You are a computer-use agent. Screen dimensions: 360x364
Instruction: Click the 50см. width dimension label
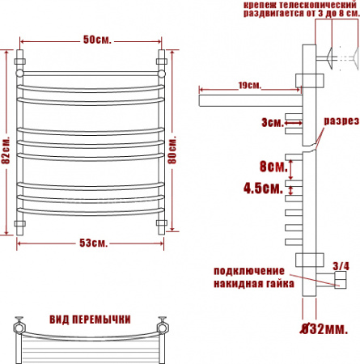[97, 40]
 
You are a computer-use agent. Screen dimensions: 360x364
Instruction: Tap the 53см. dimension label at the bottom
[94, 243]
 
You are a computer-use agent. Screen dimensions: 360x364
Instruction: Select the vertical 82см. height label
[6, 150]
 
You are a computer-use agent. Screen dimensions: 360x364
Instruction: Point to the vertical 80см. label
[172, 150]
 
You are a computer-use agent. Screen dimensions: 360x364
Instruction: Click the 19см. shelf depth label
[250, 86]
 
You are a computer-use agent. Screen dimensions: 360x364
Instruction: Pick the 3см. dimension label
[273, 123]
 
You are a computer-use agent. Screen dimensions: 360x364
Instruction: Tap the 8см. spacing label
[273, 167]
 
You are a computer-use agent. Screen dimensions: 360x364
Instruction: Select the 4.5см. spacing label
[263, 188]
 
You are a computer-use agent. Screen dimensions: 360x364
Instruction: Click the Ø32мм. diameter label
[324, 329]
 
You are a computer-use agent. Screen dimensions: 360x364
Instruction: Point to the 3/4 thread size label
[341, 266]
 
